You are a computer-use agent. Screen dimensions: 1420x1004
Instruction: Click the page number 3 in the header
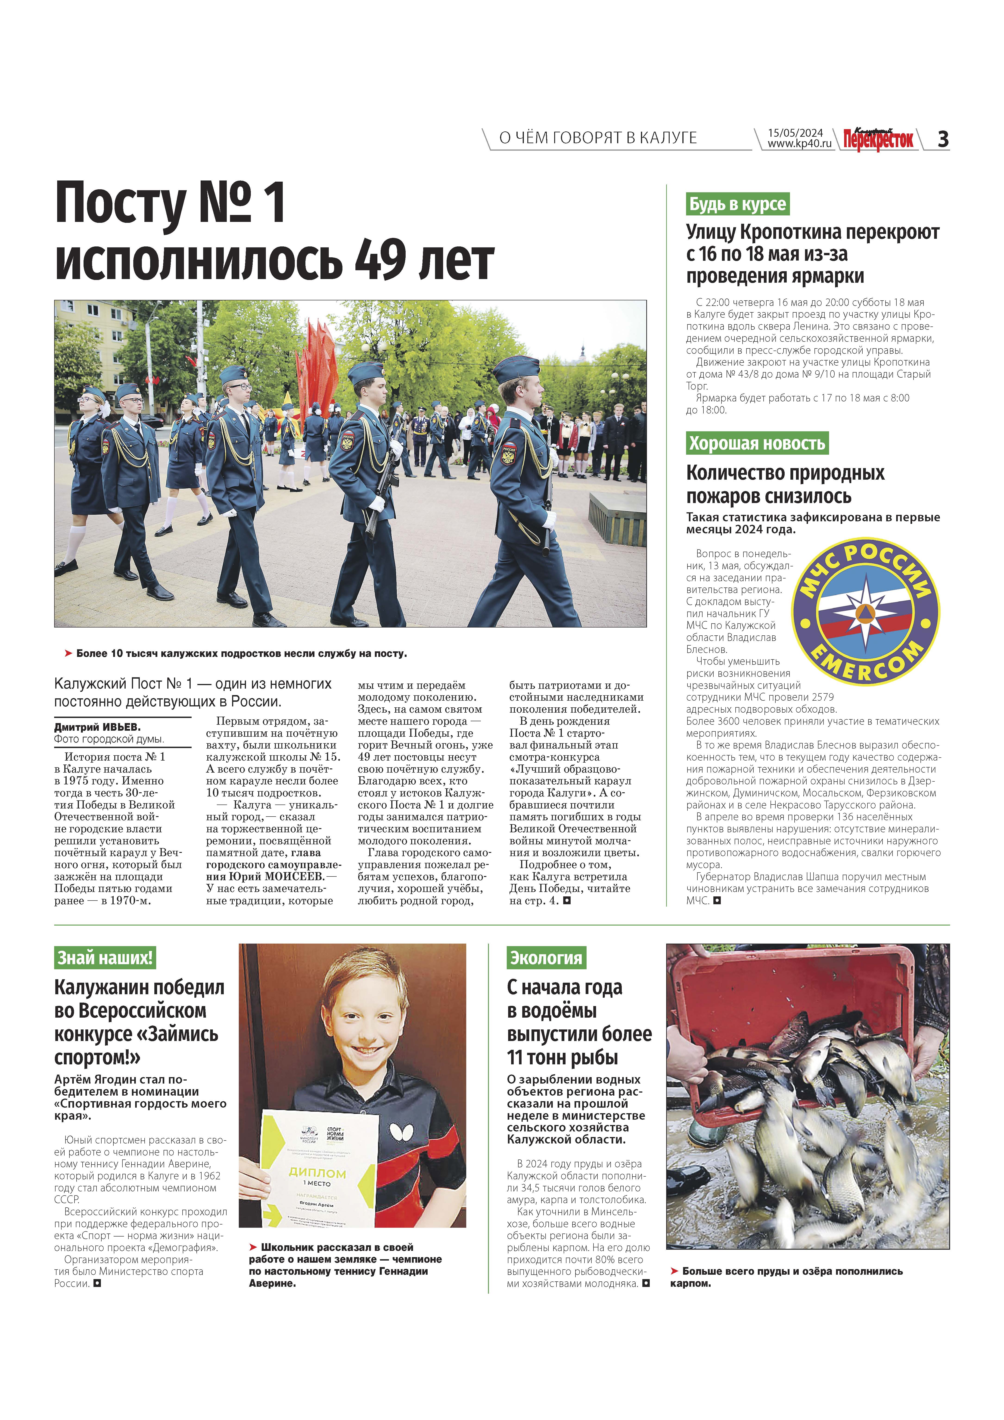(943, 139)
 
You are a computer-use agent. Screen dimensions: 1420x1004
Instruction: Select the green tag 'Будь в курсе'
(737, 204)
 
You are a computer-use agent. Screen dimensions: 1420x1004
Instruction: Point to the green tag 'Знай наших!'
(105, 958)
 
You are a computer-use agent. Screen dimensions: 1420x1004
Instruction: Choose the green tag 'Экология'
(545, 958)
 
